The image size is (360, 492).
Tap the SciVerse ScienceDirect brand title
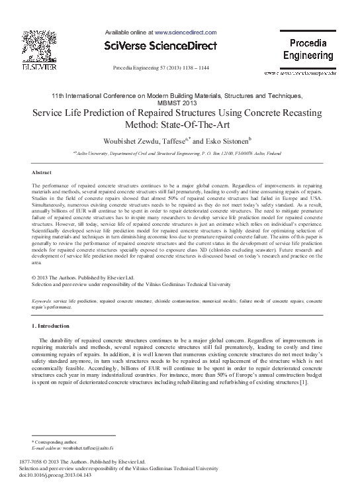pyautogui.click(x=161, y=46)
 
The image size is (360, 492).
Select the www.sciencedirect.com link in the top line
pyautogui.click(x=186, y=31)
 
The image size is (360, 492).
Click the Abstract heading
pyautogui.click(x=42, y=172)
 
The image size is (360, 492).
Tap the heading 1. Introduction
pyautogui.click(x=50, y=326)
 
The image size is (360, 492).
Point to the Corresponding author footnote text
pyautogui.click(x=59, y=441)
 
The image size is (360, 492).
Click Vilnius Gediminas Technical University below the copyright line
pyautogui.click(x=175, y=283)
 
